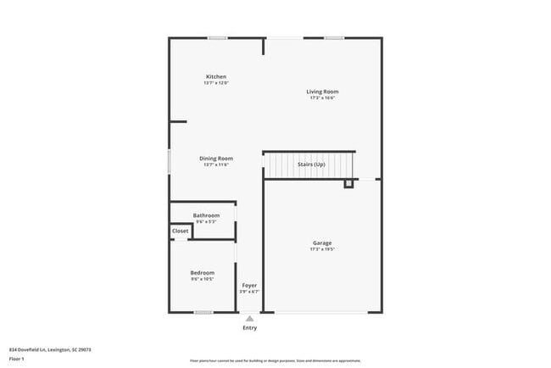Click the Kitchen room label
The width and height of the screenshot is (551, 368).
215,77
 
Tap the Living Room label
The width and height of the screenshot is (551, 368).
322,92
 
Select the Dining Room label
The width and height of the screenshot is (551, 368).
216,159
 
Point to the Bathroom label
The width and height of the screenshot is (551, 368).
206,215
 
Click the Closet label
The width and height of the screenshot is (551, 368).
181,231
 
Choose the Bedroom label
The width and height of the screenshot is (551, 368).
202,272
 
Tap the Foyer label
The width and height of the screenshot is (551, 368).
249,285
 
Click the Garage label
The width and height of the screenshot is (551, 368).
322,243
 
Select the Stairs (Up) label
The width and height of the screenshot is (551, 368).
311,164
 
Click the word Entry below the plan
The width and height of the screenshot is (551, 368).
249,327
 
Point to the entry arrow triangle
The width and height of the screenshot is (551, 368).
249,318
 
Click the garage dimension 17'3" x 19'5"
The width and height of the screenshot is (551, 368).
322,250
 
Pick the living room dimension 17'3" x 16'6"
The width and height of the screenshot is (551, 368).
322,98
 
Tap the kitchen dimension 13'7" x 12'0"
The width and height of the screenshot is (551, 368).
215,83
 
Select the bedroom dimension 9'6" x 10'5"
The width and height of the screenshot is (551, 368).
202,278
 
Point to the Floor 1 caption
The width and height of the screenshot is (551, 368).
18,359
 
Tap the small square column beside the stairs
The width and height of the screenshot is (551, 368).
348,182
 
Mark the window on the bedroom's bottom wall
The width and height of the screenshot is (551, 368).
203,313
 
